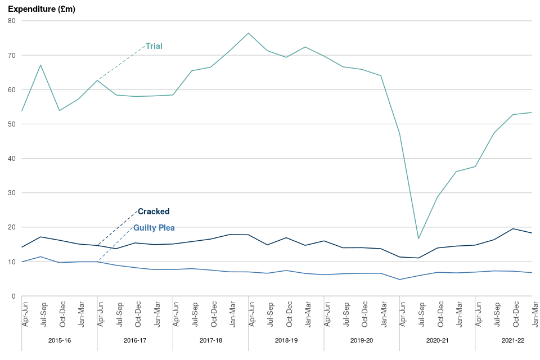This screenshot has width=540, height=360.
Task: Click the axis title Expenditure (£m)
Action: (42, 10)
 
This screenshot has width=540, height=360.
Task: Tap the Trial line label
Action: (154, 46)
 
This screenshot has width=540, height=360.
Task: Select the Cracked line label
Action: (154, 211)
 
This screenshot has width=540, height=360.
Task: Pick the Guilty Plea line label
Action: (154, 228)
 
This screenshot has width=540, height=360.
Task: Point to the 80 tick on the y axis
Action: (11, 21)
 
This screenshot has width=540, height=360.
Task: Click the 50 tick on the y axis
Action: (11, 124)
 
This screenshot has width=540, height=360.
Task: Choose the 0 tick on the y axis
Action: (13, 296)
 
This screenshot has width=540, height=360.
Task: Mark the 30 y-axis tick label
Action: (11, 193)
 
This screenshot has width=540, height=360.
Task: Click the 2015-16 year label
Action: (60, 340)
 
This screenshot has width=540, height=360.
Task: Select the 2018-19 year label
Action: (286, 340)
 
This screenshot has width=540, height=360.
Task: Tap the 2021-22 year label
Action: (513, 340)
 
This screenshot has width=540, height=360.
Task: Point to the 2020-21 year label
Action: (438, 340)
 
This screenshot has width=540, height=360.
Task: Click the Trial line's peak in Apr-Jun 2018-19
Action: (249, 33)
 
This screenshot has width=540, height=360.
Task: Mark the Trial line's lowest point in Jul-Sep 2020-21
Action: (418, 238)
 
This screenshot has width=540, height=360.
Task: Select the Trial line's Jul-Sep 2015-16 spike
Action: (40, 65)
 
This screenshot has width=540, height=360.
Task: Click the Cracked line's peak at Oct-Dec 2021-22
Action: (513, 228)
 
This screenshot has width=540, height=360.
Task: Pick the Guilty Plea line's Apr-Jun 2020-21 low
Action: (400, 280)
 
